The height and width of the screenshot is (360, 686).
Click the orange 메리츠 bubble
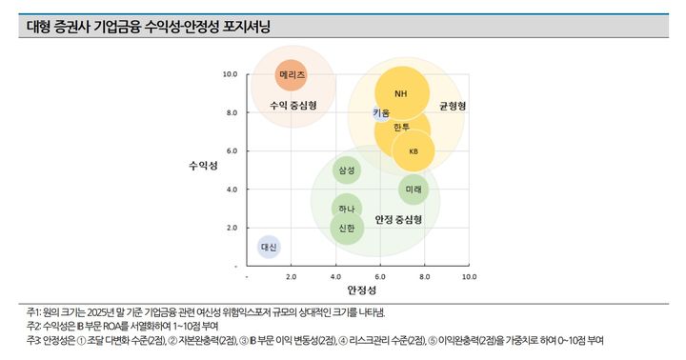(x=293, y=73)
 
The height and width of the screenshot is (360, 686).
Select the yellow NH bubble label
(x=400, y=93)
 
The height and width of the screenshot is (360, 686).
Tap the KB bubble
(x=414, y=151)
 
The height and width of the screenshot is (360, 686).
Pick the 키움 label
(x=381, y=113)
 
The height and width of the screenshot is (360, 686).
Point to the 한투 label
(x=401, y=127)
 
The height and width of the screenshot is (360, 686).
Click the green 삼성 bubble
(x=346, y=170)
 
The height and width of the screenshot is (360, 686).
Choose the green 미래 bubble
(x=414, y=190)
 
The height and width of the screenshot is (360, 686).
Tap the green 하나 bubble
(x=346, y=209)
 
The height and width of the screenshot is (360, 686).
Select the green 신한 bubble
(x=346, y=228)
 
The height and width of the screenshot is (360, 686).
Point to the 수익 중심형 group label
(x=293, y=104)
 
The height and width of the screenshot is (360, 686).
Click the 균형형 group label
(x=453, y=106)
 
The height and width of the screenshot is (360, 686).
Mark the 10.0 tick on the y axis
(x=230, y=73)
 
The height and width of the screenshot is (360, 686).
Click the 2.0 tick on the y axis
(x=230, y=228)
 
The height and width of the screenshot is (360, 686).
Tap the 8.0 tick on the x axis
(x=425, y=276)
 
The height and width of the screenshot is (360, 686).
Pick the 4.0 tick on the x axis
(x=335, y=276)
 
